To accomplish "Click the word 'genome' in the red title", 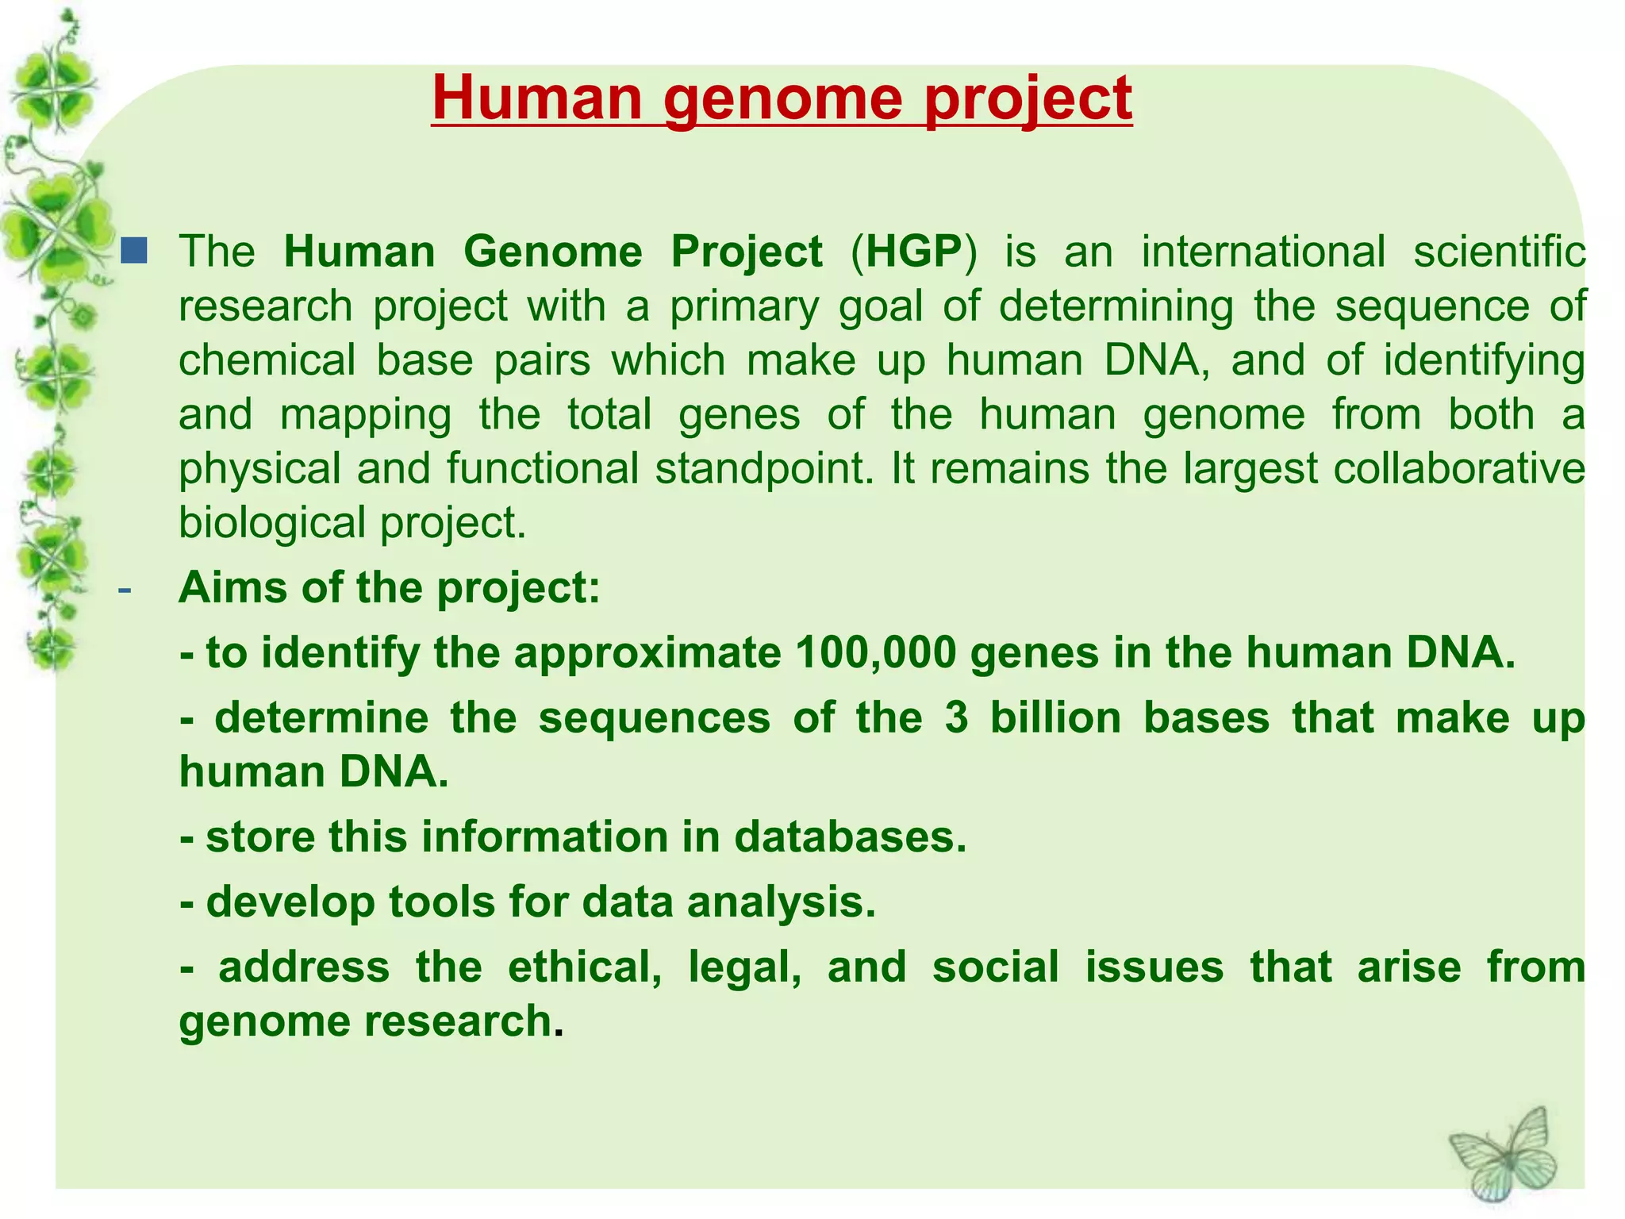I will click(782, 99).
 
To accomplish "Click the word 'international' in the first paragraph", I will click(1263, 252).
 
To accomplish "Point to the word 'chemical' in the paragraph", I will click(267, 360).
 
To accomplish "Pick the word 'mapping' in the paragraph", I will click(366, 416).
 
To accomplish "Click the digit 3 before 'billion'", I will click(957, 718).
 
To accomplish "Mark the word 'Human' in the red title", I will click(536, 99).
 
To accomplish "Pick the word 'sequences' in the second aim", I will click(654, 718).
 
